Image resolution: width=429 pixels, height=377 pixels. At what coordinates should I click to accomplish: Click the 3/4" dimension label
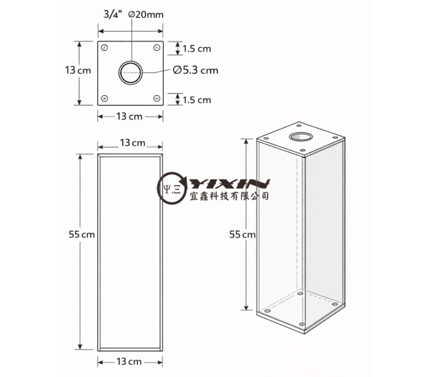(x=113, y=14)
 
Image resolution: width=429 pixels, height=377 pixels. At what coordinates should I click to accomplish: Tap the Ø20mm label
(x=146, y=14)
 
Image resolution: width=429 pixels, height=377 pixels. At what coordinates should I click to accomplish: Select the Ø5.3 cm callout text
(x=196, y=70)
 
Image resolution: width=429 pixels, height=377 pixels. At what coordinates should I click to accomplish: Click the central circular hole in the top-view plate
(x=131, y=72)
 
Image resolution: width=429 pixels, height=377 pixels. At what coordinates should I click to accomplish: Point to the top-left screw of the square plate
(x=104, y=48)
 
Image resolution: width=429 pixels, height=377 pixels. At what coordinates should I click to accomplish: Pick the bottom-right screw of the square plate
(x=157, y=98)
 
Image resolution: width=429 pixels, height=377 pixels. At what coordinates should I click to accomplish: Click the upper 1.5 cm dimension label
(x=197, y=49)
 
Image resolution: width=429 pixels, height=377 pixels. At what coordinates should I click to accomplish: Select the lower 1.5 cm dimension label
(x=197, y=100)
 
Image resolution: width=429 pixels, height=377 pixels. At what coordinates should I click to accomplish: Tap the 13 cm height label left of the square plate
(x=78, y=70)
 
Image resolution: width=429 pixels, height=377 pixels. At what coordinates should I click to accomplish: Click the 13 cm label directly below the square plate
(x=129, y=117)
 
